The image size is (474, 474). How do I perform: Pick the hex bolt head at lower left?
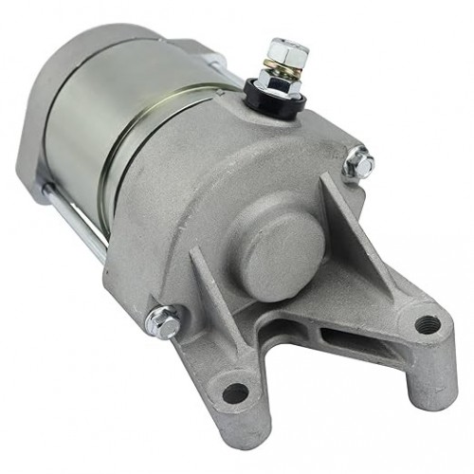tap(164, 323)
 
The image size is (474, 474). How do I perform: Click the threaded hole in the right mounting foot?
tap(426, 324)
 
